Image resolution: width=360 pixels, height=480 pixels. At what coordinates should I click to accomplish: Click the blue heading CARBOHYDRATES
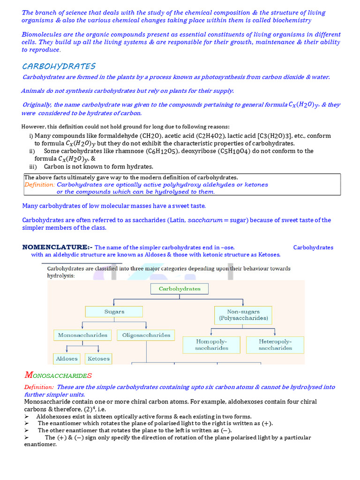click(x=59, y=66)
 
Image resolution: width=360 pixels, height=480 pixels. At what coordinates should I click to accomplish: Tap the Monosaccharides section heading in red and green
click(x=58, y=375)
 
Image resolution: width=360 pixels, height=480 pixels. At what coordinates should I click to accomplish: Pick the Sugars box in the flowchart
click(x=114, y=311)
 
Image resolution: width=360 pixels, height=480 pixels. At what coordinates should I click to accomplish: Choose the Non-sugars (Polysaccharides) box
click(x=243, y=315)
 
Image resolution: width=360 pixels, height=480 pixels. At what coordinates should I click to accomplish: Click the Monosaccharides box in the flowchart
click(x=82, y=335)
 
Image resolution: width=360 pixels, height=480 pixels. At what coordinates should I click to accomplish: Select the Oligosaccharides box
click(x=146, y=335)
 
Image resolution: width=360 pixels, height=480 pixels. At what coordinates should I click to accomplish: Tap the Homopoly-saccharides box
click(x=211, y=345)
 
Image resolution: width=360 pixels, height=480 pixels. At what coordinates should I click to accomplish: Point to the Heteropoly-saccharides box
click(x=275, y=345)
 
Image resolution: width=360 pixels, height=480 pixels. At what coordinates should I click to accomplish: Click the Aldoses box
click(x=67, y=359)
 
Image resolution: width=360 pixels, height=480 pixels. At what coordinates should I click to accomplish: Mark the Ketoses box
click(x=98, y=359)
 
